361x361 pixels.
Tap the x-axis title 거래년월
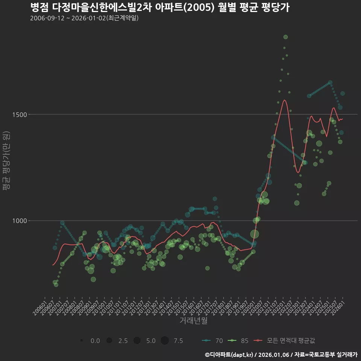[193, 321]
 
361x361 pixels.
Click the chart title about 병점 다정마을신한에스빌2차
[159, 8]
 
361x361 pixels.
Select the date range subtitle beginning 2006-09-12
[84, 18]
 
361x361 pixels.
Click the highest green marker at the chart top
[285, 37]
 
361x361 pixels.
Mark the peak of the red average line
[285, 100]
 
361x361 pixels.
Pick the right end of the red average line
[343, 119]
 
